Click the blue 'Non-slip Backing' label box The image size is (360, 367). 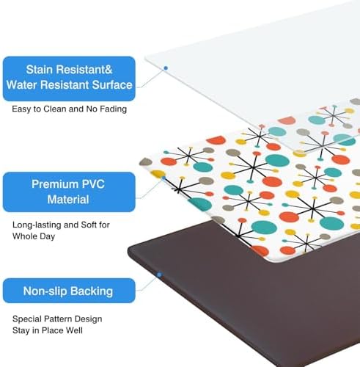69,291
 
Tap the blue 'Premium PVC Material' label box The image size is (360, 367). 69,192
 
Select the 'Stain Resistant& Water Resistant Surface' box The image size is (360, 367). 69,79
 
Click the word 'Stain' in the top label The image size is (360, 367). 39,70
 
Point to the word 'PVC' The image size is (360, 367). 93,184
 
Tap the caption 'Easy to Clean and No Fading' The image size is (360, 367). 69,109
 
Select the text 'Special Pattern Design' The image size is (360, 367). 57,319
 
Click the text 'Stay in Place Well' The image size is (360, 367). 48,330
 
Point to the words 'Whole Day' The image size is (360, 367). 34,236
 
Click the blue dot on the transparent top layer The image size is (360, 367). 166,68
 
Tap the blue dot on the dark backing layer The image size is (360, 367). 159,275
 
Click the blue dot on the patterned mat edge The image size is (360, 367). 164,178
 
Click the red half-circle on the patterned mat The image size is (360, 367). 216,140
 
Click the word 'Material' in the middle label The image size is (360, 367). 68,200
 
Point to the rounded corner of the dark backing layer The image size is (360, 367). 131,250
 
